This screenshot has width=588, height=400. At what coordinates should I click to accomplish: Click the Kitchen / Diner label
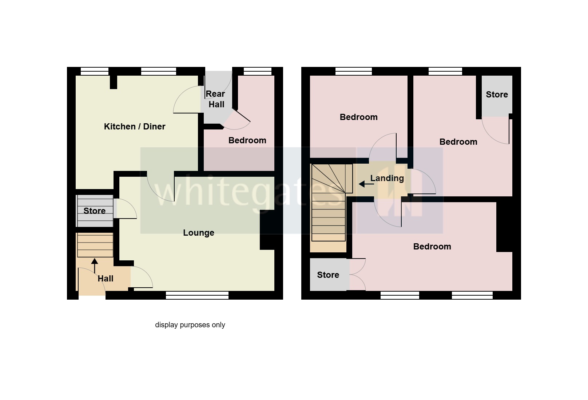pos(135,127)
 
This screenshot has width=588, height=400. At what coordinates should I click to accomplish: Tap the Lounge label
pos(198,233)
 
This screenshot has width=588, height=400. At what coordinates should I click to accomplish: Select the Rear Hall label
pos(216,99)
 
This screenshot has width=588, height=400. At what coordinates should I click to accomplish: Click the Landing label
pos(387,178)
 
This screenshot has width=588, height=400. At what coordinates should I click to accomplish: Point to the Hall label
pos(106,279)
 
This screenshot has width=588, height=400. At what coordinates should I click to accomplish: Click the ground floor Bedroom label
pos(247,140)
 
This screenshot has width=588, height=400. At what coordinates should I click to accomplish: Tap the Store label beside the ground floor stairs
pos(94,211)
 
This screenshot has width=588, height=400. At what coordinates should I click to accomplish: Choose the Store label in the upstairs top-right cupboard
pos(497,95)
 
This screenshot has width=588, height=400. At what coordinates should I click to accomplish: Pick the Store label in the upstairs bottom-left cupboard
pos(328,275)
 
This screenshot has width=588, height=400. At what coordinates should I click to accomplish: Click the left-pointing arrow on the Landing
pos(365,184)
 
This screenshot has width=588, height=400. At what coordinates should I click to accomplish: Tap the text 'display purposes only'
pos(190,325)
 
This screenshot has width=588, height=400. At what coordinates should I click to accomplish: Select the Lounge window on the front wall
pos(197,295)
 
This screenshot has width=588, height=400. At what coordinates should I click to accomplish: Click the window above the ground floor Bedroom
pos(257,71)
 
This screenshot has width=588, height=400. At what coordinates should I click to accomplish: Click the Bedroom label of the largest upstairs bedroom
pos(432,247)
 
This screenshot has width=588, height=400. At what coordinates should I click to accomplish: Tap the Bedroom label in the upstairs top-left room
pos(358,117)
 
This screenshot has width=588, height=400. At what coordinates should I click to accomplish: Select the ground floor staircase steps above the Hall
pos(95,245)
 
